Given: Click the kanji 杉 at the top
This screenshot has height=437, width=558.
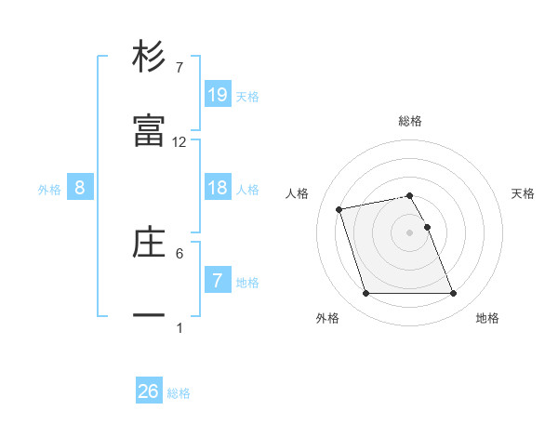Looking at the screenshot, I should (149, 57).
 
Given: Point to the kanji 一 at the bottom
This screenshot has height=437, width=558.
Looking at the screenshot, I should (149, 316).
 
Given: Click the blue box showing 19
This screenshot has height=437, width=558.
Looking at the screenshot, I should (218, 94).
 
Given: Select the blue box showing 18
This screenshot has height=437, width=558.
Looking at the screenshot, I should (218, 188).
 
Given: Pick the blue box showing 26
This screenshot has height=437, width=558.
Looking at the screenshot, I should (149, 391).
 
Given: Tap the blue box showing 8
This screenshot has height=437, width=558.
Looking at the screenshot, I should (80, 188).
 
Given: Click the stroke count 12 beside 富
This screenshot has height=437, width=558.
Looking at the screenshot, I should (179, 142).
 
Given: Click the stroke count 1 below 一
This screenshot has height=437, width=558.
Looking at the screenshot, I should (179, 327).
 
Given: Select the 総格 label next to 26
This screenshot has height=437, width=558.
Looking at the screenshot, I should (179, 393).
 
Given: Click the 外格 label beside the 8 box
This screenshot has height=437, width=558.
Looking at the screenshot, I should (49, 190).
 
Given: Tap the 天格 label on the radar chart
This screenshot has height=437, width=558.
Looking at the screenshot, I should (524, 193).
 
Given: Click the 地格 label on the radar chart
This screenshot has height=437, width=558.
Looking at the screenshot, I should (487, 318).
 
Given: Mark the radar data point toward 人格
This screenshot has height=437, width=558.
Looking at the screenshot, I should (340, 208).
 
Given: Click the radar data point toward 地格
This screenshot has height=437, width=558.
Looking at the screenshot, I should (453, 294).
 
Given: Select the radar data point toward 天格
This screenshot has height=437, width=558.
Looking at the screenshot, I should (427, 227).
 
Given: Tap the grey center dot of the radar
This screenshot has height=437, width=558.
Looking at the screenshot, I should (410, 232).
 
